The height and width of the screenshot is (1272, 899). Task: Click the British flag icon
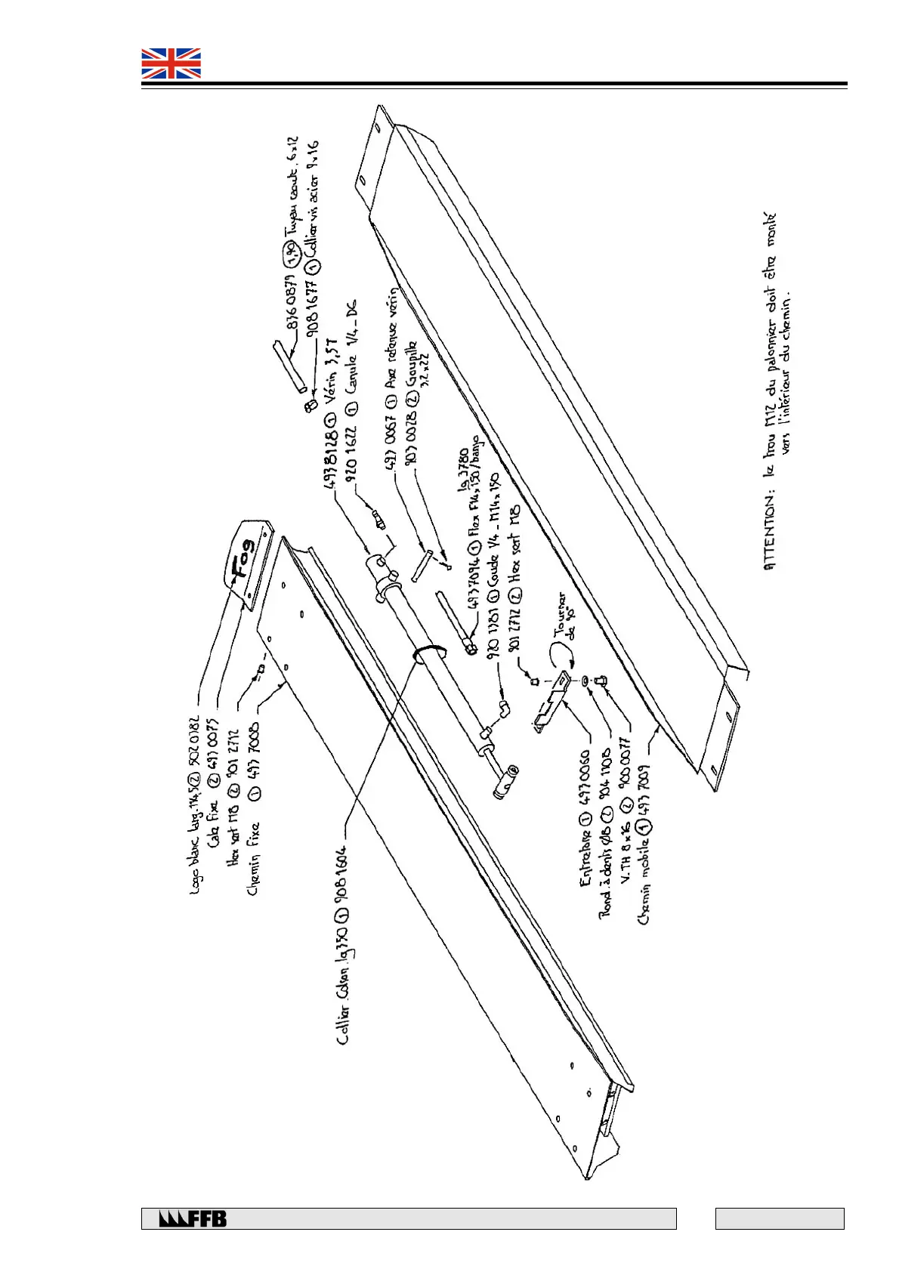[x=171, y=63]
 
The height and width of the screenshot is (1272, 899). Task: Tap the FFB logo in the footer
[x=193, y=1218]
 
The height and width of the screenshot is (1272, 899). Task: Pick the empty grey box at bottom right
[x=779, y=1218]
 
